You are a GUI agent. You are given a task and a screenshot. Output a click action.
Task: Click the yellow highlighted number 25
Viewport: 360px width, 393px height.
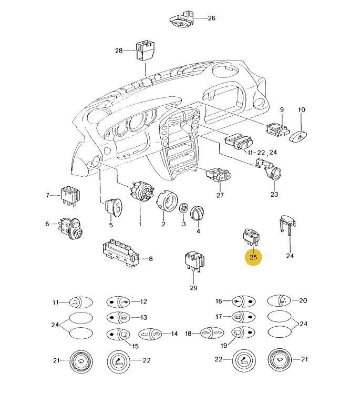(253, 257)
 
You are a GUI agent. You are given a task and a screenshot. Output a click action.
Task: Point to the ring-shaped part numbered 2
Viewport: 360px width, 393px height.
(166, 203)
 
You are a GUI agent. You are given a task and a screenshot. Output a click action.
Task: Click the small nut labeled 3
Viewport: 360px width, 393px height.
(184, 208)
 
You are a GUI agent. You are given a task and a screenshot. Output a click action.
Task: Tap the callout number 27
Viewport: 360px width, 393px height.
(220, 195)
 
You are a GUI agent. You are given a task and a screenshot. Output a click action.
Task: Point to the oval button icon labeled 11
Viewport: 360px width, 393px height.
(80, 302)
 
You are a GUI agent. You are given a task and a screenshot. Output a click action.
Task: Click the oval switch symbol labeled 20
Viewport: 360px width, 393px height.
(279, 301)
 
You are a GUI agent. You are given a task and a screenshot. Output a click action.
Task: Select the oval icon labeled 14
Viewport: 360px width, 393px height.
(149, 334)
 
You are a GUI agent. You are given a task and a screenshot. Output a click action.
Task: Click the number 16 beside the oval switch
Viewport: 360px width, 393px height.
(219, 301)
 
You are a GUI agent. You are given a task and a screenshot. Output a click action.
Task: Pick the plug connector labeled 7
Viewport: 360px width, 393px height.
(70, 194)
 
